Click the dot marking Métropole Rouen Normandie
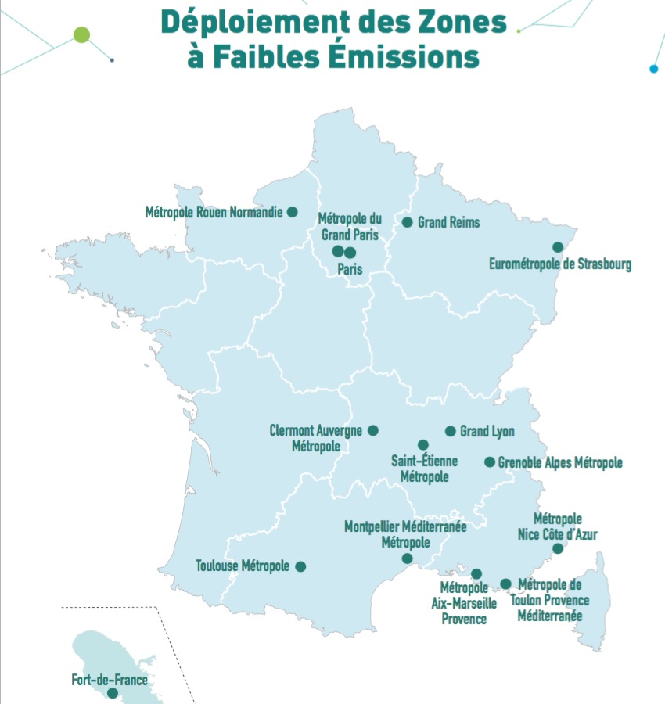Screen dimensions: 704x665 coord(292,211)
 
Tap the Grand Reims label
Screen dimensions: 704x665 coord(448,223)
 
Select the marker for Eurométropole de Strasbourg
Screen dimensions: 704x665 coord(558,247)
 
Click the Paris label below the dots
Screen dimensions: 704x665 coord(349,269)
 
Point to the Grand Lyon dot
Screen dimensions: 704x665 coord(450,431)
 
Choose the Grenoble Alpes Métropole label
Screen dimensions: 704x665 coord(560,463)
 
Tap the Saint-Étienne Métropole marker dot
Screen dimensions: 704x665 coord(423,444)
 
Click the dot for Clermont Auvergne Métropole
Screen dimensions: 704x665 coord(373,430)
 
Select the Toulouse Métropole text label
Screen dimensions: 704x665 coord(243,566)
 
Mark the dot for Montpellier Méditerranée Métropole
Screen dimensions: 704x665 coord(407,558)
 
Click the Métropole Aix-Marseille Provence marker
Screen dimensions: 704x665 coord(476,574)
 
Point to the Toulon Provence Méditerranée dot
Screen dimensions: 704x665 coord(505,584)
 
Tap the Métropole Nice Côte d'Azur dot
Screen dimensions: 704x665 coord(558,548)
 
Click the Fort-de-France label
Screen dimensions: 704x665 coord(110,680)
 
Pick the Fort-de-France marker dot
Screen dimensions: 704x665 coord(113,693)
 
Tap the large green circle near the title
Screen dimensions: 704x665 coord(81,34)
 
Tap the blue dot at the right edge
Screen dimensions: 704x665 coord(654,69)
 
